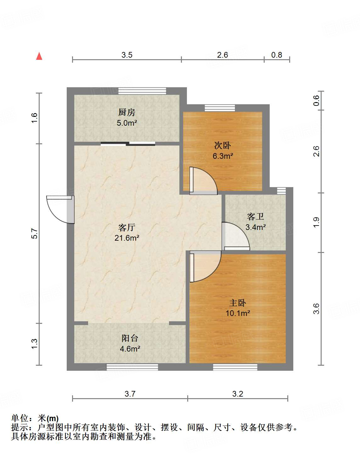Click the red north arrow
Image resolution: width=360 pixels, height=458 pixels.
pos(39,56)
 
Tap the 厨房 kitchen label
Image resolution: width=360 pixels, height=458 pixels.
pos(127,112)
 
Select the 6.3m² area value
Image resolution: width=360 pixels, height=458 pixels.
pos(222,156)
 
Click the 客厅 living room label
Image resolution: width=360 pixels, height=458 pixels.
pos(127,227)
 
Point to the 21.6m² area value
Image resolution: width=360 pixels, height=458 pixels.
pos(127,238)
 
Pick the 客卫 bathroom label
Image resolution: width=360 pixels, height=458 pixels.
pos(256,217)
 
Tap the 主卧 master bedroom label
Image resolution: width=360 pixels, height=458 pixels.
pos(238,303)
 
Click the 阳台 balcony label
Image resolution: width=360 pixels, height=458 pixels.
pos(130,338)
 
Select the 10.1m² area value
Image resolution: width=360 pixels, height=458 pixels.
pos(238,313)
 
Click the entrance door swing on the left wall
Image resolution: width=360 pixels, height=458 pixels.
pos(60,210)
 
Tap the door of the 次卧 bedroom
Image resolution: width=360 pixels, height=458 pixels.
pos(203,181)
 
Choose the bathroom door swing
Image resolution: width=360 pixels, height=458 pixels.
pos(236,236)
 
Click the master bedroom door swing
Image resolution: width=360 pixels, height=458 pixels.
pos(205,266)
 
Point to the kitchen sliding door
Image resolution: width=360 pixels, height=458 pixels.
pos(128,144)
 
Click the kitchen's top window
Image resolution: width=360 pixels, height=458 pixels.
pos(142,91)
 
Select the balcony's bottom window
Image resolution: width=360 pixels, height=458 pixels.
pos(132,367)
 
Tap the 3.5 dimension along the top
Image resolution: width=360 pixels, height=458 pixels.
pos(127,55)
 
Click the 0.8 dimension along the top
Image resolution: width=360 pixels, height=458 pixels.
pos(277,55)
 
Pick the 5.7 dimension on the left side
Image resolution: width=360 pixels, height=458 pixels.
pos(34,233)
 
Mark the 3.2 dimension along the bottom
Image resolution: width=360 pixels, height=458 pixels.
pos(238,394)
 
